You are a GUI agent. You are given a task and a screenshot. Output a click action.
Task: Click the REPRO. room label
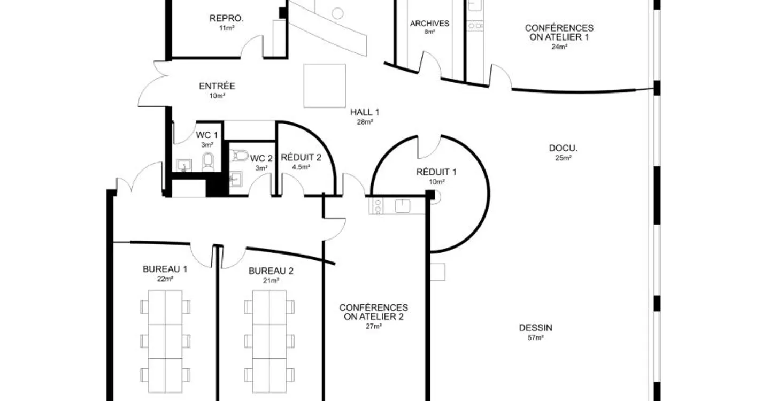click(x=227, y=18)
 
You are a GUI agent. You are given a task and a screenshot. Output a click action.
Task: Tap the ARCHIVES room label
click(x=429, y=24)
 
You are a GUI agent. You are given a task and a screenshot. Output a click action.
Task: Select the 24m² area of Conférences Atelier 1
click(x=559, y=47)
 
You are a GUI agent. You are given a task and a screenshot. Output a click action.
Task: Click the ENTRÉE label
click(x=217, y=86)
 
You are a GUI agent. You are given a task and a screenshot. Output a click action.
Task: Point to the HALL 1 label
click(x=365, y=112)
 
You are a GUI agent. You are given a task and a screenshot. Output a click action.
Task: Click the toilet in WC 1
click(x=208, y=162)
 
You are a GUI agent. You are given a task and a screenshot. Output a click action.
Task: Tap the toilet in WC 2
click(x=239, y=156)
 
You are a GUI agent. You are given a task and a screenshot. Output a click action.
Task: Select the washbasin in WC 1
click(x=184, y=165)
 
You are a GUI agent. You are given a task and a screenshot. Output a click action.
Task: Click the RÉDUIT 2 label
click(x=301, y=157)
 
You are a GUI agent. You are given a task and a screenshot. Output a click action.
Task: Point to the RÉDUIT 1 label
click(x=436, y=172)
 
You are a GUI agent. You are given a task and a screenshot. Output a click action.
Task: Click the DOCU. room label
click(x=563, y=148)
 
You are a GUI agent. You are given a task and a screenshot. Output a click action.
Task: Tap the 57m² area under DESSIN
click(x=536, y=338)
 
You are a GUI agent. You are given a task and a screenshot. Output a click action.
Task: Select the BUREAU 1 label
click(x=165, y=269)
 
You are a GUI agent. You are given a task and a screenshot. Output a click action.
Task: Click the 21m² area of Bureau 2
click(x=271, y=281)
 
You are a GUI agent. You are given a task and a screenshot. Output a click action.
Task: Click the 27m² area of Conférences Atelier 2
click(x=374, y=327)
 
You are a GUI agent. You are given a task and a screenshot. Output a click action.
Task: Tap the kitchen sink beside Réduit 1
click(x=403, y=206)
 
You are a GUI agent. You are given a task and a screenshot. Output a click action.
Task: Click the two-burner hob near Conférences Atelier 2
click(x=378, y=206)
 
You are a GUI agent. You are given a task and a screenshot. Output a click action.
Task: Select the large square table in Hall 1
click(x=325, y=86)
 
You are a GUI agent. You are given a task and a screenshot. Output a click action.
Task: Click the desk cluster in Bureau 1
click(x=165, y=341)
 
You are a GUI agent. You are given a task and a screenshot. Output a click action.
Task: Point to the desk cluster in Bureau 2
click(x=269, y=341)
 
